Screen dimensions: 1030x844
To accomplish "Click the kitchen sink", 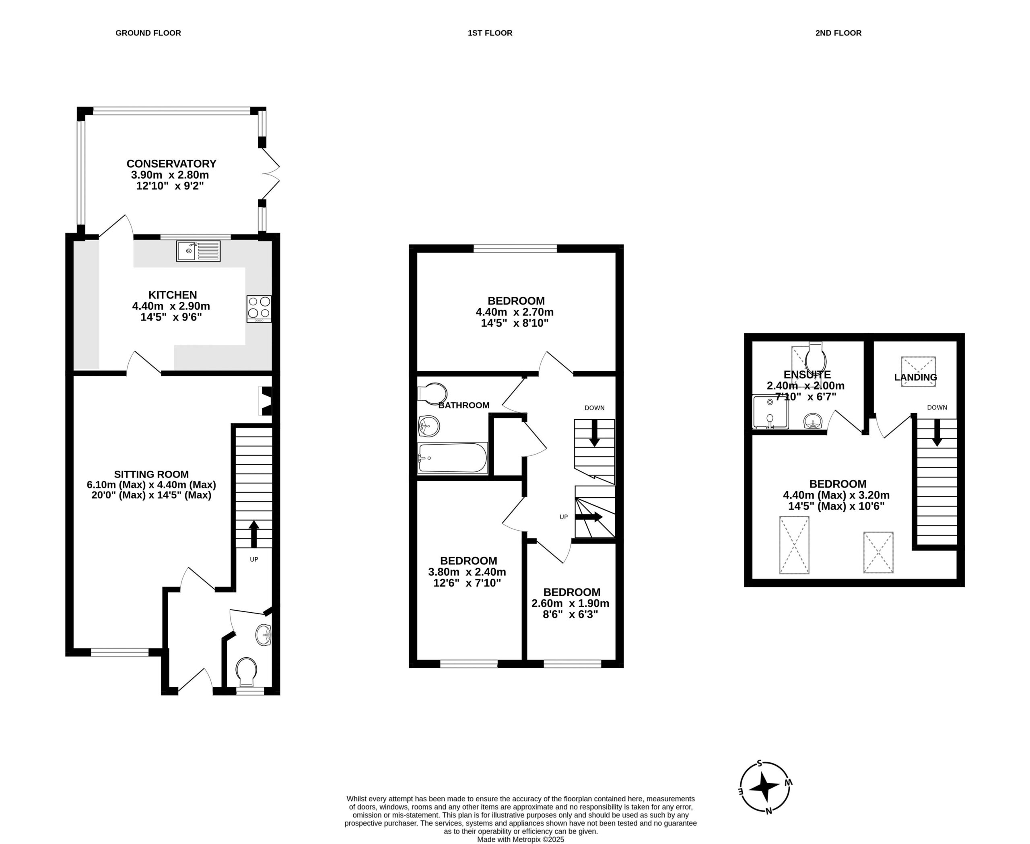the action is pyautogui.click(x=198, y=251).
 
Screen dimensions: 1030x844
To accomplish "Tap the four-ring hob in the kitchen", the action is pyautogui.click(x=259, y=309).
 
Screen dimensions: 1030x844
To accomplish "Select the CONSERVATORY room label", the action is pyautogui.click(x=171, y=164).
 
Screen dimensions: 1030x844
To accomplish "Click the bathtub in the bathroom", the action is pyautogui.click(x=453, y=457).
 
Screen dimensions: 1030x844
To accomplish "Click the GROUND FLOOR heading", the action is pyautogui.click(x=148, y=33).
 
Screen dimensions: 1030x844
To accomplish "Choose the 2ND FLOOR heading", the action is pyautogui.click(x=838, y=33).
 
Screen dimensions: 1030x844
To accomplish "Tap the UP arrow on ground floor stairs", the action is pyautogui.click(x=254, y=534).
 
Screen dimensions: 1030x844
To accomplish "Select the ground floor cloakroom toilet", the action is pyautogui.click(x=246, y=671).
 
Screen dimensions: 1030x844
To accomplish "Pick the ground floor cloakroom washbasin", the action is pyautogui.click(x=264, y=635).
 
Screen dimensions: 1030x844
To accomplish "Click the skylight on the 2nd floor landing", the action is pyautogui.click(x=919, y=372).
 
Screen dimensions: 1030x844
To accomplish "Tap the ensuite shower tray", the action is pyautogui.click(x=770, y=412).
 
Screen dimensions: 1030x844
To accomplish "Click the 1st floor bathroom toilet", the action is pyautogui.click(x=433, y=393).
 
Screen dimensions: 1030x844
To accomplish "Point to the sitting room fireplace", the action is pyautogui.click(x=266, y=401).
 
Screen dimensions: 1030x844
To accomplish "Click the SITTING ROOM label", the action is pyautogui.click(x=151, y=474).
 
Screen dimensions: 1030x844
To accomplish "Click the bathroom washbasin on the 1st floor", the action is pyautogui.click(x=429, y=426).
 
